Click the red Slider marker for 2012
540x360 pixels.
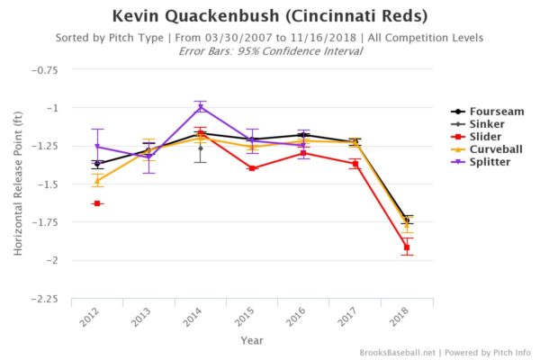[97, 203]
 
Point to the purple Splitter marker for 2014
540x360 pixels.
[201, 107]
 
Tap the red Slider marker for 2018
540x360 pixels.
[407, 247]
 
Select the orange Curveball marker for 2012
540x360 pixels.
[97, 181]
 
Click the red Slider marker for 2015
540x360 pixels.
[252, 168]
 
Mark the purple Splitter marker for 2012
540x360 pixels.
[97, 146]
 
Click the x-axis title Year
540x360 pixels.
[252, 340]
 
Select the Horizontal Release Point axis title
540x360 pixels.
[18, 184]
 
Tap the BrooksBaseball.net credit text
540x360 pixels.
[396, 352]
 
